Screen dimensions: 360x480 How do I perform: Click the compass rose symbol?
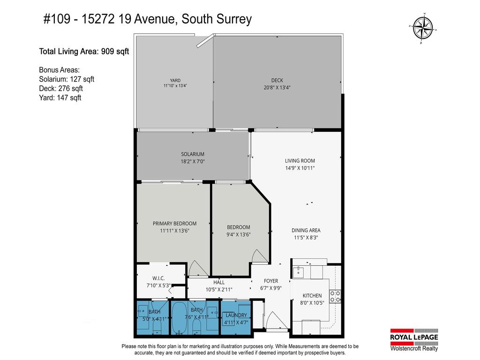424,29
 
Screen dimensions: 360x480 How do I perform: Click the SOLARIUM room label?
193,154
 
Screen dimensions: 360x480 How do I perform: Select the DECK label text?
277,80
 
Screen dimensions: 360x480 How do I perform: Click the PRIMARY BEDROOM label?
174,224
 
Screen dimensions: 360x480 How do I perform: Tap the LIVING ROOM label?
300,161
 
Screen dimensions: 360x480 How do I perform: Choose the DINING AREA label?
306,230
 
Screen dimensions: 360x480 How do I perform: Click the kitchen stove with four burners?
335,296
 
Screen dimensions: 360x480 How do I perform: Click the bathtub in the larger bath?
179,318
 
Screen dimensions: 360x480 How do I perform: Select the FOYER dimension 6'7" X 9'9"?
271,288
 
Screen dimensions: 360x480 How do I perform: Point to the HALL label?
219,283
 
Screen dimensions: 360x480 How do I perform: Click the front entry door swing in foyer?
274,322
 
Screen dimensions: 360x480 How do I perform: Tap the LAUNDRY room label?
236,315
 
